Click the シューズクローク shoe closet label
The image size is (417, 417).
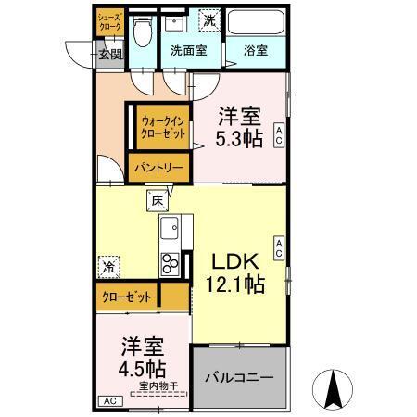(x=109, y=22)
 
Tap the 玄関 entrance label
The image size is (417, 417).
(x=110, y=54)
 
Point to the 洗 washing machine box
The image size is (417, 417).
(x=209, y=19)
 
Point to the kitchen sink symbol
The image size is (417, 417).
(x=170, y=228)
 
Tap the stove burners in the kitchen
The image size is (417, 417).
(x=171, y=262)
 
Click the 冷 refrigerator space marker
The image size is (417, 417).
(x=109, y=267)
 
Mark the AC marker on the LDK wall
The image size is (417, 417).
(x=278, y=246)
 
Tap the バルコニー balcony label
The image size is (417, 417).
(x=239, y=379)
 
